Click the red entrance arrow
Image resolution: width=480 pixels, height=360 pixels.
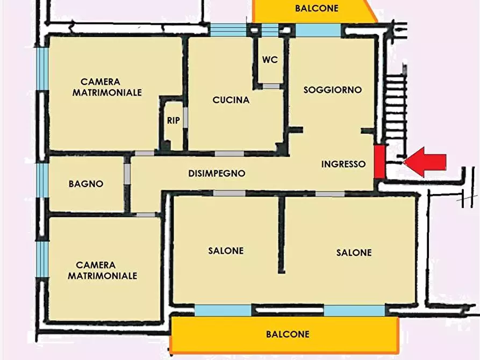coord(426,161)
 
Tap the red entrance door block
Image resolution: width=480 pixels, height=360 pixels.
coord(379,161)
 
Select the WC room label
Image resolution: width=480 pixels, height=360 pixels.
coord(270,60)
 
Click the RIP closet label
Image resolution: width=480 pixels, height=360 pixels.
coord(173,121)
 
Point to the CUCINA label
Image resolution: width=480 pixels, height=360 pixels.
coord(231,100)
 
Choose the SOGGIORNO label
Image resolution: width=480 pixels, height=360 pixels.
coord(332,90)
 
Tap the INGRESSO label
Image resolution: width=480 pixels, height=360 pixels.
coord(343,164)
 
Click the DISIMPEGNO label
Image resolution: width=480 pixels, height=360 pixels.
coord(217,174)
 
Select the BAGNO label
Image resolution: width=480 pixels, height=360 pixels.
coord(85,184)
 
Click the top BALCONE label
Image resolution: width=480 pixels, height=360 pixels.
coord(317,8)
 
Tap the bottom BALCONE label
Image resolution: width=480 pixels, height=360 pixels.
coord(288,334)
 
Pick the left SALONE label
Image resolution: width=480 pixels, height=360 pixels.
coord(226,251)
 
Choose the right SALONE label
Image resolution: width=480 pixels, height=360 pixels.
coord(354,253)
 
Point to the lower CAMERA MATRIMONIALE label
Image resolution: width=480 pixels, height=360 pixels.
coord(103,270)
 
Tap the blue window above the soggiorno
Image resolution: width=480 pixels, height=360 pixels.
coord(318,30)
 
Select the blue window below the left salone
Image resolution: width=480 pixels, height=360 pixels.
coord(223,310)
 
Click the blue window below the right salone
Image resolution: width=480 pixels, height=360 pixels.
coord(354,311)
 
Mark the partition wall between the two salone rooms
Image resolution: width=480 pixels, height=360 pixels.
coord(281,234)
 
